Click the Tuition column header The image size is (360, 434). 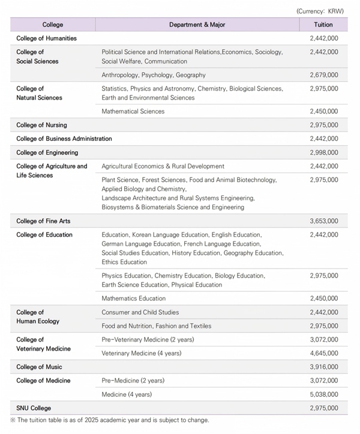(323, 25)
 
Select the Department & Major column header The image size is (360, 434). (197, 25)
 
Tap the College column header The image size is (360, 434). (53, 25)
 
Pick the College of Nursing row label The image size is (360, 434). (41, 125)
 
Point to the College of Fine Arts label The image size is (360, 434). (43, 221)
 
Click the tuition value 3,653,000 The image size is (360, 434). (324, 221)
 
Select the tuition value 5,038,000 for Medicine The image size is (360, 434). (324, 394)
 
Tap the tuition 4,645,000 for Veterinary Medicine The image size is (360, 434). (324, 353)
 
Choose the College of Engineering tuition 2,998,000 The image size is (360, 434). (324, 153)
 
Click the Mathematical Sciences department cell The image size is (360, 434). (133, 111)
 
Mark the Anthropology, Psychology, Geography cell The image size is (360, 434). (154, 75)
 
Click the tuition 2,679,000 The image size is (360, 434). (324, 75)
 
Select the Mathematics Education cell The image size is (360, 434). (134, 299)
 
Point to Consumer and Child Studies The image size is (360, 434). (140, 312)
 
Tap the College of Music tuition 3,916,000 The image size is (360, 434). (324, 367)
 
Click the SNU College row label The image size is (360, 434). (34, 408)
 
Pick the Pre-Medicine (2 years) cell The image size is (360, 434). (133, 381)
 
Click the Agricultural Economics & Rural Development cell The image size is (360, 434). (163, 166)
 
